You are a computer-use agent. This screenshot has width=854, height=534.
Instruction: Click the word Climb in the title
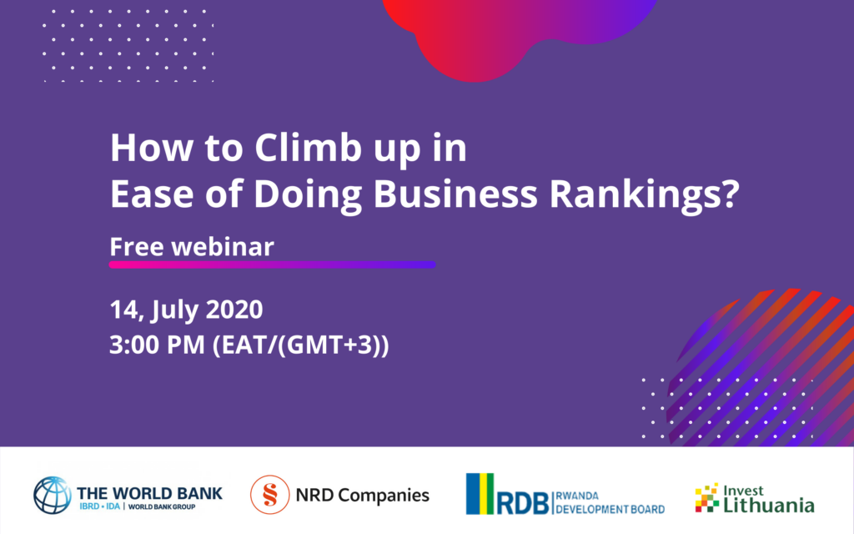click(309, 147)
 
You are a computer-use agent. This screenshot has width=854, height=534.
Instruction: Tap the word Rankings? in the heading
click(645, 194)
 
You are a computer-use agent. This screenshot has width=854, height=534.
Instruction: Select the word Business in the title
click(455, 194)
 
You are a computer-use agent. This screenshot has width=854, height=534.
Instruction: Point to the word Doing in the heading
click(308, 195)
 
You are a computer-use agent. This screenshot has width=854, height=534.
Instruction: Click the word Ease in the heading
click(152, 194)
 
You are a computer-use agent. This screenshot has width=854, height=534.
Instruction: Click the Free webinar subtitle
click(192, 246)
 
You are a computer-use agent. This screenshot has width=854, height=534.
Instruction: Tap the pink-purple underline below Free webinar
click(273, 264)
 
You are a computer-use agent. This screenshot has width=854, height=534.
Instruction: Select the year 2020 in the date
click(234, 310)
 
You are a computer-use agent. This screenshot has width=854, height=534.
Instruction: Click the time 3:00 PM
click(157, 345)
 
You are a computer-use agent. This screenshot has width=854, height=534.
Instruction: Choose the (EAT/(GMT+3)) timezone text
click(300, 345)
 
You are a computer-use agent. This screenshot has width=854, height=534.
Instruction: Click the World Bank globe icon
click(53, 496)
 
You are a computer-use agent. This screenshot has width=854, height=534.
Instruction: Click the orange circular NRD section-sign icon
click(269, 495)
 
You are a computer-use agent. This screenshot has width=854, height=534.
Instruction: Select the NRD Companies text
click(362, 496)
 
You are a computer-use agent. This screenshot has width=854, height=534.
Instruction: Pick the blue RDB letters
click(523, 503)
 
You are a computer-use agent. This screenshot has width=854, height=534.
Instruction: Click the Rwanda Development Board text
click(610, 502)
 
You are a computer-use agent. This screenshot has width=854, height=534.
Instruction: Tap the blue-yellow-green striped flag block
click(480, 494)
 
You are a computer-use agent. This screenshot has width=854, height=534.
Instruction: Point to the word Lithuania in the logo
click(768, 505)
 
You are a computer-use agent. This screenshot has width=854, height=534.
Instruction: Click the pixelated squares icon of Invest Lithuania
click(707, 497)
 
